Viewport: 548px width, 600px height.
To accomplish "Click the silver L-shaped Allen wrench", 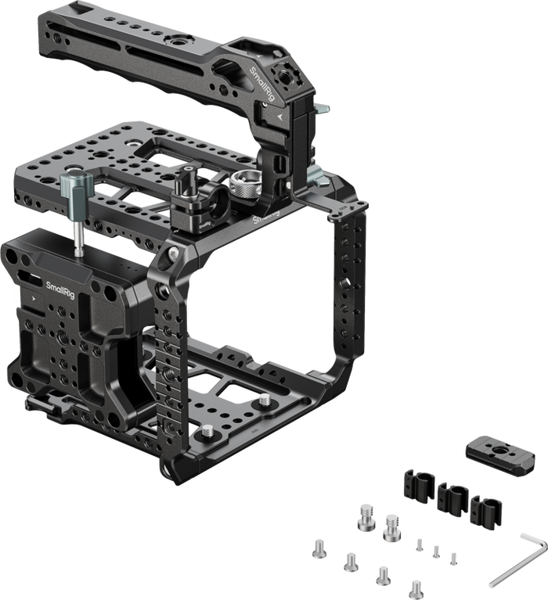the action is pos(521,563).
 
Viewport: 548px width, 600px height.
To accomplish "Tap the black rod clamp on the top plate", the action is pos(200,203).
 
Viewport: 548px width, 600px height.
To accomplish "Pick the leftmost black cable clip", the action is pos(419,487).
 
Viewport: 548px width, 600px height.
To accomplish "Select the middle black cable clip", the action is pos(453,497).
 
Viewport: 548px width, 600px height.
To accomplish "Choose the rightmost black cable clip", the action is pos(485,510).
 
